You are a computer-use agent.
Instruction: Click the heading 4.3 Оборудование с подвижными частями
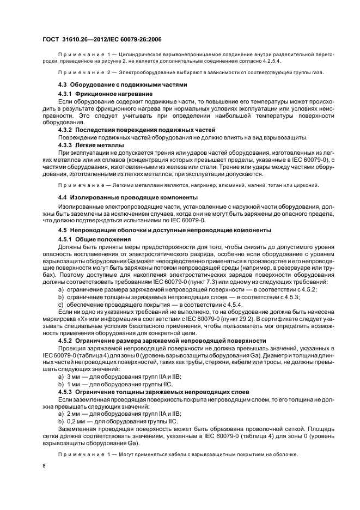coord(123,84)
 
